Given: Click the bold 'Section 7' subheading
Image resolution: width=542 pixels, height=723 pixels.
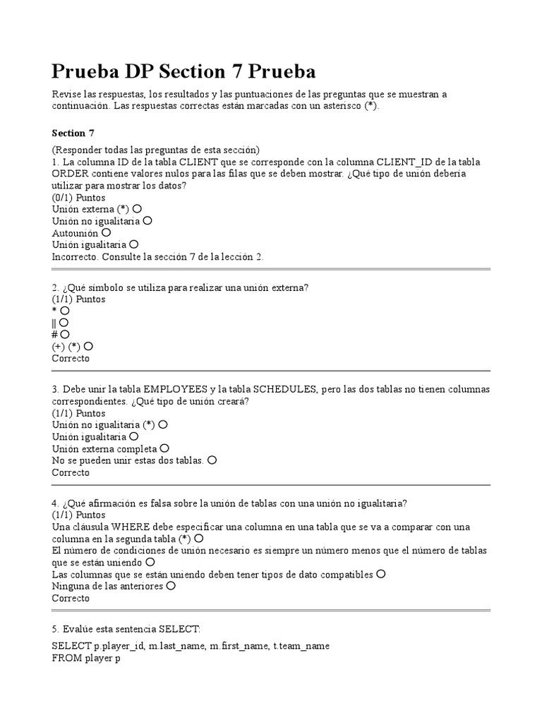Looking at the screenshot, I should pyautogui.click(x=73, y=133).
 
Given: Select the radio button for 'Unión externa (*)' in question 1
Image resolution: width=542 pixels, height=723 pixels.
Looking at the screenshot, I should pyautogui.click(x=137, y=209).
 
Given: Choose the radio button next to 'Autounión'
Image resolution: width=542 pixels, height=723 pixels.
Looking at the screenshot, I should pyautogui.click(x=106, y=232).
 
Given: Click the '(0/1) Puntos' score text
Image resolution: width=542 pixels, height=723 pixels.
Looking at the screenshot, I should pyautogui.click(x=78, y=198).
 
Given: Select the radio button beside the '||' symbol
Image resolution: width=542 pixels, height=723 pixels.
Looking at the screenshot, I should pyautogui.click(x=64, y=322).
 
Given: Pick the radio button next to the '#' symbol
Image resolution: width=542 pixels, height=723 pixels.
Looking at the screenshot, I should pyautogui.click(x=65, y=334).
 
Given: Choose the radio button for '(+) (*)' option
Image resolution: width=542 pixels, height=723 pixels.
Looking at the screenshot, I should pyautogui.click(x=88, y=346).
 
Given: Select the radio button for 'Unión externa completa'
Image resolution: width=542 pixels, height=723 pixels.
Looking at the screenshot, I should pyautogui.click(x=164, y=448).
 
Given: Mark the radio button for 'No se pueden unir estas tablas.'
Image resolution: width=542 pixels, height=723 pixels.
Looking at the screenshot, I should pyautogui.click(x=212, y=460).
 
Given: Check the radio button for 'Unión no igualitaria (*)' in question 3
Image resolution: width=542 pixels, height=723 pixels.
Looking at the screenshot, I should pyautogui.click(x=163, y=425).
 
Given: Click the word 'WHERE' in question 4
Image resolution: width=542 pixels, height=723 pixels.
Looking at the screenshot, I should pyautogui.click(x=128, y=527).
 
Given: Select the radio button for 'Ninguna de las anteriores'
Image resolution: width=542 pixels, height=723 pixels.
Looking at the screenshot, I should pyautogui.click(x=170, y=586).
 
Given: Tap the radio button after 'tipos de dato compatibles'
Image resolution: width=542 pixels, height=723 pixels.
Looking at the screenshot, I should pyautogui.click(x=381, y=574).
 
